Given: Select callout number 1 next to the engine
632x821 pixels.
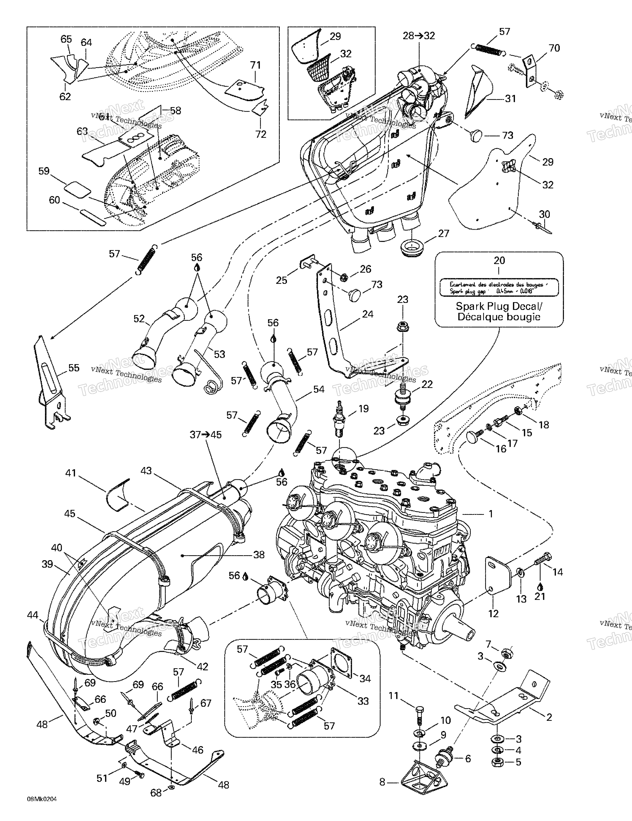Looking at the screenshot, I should coord(490,514).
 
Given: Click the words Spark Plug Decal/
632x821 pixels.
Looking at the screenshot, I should coord(499,306).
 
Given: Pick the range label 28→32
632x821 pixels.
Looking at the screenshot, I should coord(419,36).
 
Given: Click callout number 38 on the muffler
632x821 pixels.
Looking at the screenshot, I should coord(259,555).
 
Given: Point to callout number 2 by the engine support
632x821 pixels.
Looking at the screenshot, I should coord(549,717).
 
